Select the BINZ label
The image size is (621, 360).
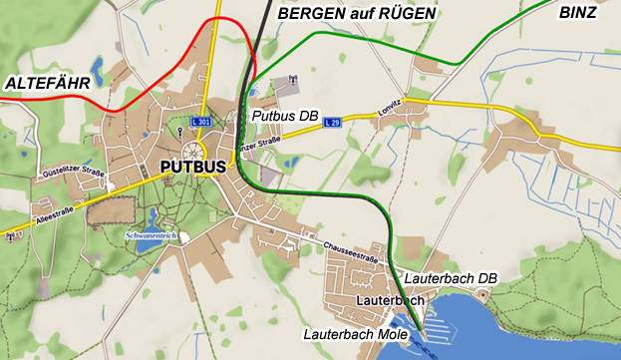(578, 13)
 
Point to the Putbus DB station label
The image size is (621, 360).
(285, 118)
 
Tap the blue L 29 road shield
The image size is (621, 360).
(335, 122)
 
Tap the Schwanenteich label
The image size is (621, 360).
(150, 235)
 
